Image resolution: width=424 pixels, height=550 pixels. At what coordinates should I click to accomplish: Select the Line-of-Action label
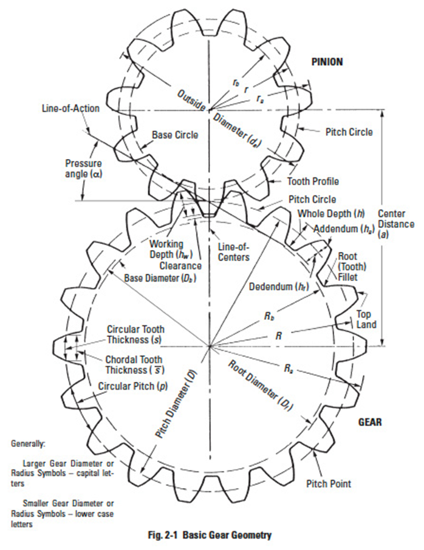70,109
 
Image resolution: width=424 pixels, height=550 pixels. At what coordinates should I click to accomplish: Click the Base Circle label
175,135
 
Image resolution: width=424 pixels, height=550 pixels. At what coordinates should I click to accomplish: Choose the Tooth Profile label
313,181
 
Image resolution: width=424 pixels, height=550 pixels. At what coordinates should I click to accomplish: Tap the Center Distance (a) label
395,224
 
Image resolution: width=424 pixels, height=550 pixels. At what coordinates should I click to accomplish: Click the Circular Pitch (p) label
132,385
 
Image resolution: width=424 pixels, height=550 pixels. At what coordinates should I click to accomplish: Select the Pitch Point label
329,484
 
